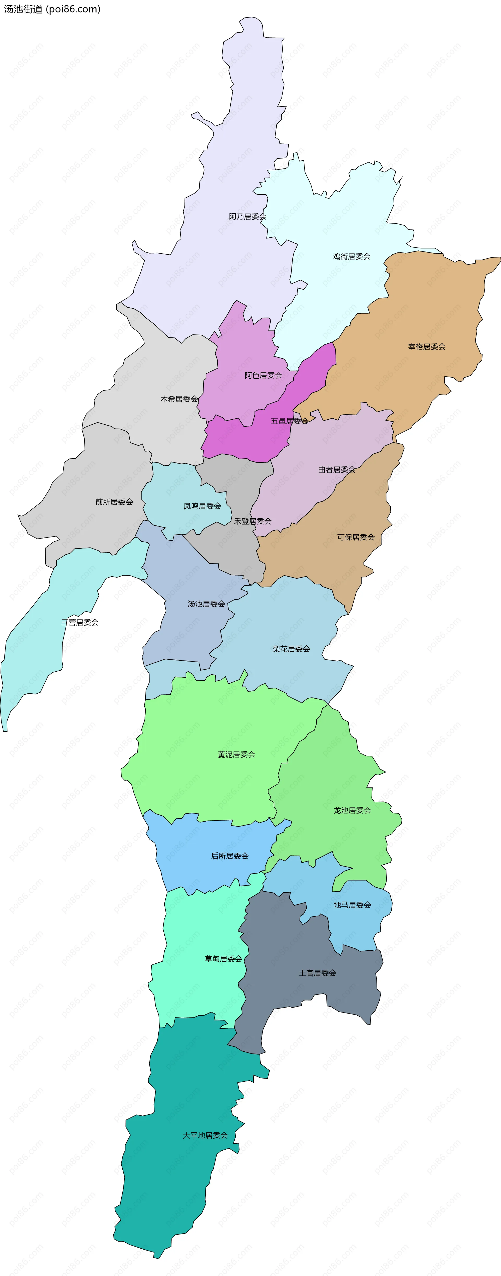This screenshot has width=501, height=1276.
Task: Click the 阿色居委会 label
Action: point(263,376)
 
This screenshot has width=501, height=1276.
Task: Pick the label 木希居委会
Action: point(179,399)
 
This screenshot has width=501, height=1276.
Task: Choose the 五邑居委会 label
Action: point(290,421)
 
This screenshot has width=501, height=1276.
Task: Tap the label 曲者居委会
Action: point(337,469)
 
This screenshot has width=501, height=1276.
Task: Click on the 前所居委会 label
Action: point(114,502)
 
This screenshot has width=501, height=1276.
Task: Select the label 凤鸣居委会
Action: point(202,506)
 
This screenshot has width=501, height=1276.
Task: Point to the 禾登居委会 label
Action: point(253,521)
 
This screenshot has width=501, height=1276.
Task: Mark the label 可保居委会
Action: point(356,537)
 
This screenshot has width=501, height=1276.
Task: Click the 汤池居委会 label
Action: point(206,604)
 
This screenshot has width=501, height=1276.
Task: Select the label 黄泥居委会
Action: point(237,754)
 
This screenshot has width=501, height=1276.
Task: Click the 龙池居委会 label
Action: point(352,810)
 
